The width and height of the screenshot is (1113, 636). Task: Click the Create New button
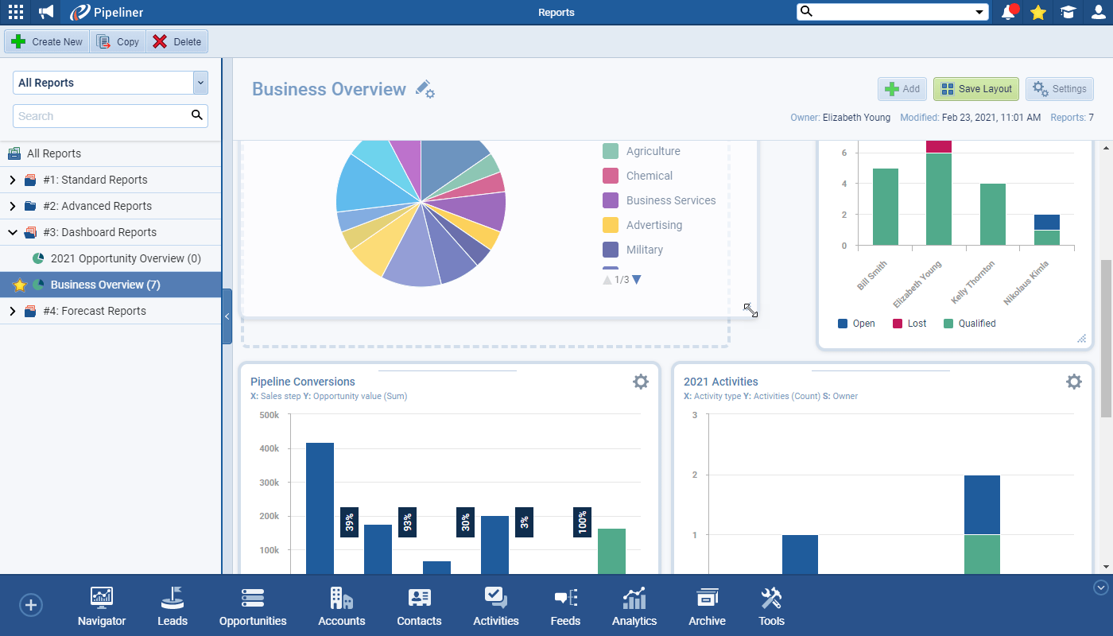pos(47,41)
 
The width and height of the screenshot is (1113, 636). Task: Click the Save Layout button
pos(976,89)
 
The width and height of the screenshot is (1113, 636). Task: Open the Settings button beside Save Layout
pos(1059,89)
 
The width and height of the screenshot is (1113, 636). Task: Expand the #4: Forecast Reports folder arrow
pos(13,311)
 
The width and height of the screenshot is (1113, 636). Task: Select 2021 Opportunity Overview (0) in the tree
pos(126,258)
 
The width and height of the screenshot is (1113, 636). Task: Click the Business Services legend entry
pos(671,200)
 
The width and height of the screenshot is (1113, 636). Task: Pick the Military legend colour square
pos(611,250)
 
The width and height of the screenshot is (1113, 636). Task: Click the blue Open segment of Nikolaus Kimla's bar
pos(1047,222)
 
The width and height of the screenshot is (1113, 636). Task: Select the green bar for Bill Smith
pos(886,207)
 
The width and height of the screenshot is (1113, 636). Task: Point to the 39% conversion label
pos(349,522)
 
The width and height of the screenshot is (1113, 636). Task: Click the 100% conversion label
pos(582,522)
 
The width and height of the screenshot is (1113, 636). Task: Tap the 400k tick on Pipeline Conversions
pos(270,448)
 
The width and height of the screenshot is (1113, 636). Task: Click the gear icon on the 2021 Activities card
pos(1074,382)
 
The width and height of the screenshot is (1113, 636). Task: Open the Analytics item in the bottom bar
pos(634,606)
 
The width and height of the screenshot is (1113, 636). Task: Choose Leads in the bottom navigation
pos(173,606)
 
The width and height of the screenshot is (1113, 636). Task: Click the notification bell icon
pos(1009,12)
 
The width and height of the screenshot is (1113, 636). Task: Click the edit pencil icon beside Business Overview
pos(425,89)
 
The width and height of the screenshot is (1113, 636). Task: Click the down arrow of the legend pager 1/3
pos(637,280)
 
